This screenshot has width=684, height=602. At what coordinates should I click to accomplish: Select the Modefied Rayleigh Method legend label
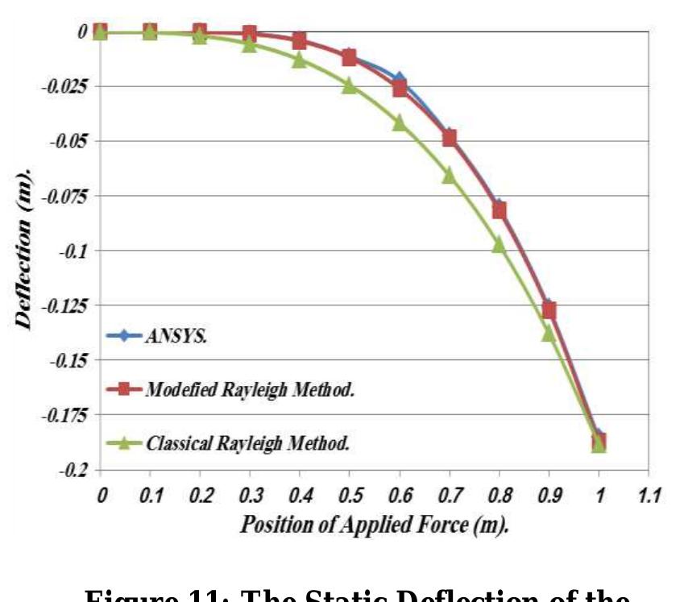pos(251,390)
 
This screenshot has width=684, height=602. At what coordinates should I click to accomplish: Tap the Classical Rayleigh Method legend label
pos(247,443)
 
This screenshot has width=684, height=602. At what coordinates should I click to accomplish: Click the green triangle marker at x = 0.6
pos(399,122)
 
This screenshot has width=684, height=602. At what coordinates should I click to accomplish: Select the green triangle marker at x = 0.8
pos(499,244)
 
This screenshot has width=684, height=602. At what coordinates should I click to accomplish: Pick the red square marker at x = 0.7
pos(449,139)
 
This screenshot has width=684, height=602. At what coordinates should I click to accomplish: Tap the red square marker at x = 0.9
pos(549,311)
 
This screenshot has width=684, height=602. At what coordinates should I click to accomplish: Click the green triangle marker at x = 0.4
pos(299,60)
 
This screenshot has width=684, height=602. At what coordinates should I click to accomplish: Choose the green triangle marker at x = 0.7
pos(449,175)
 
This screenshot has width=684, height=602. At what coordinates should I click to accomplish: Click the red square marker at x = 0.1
pos(150,31)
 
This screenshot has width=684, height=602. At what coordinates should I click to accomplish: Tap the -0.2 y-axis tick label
pos(73,470)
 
